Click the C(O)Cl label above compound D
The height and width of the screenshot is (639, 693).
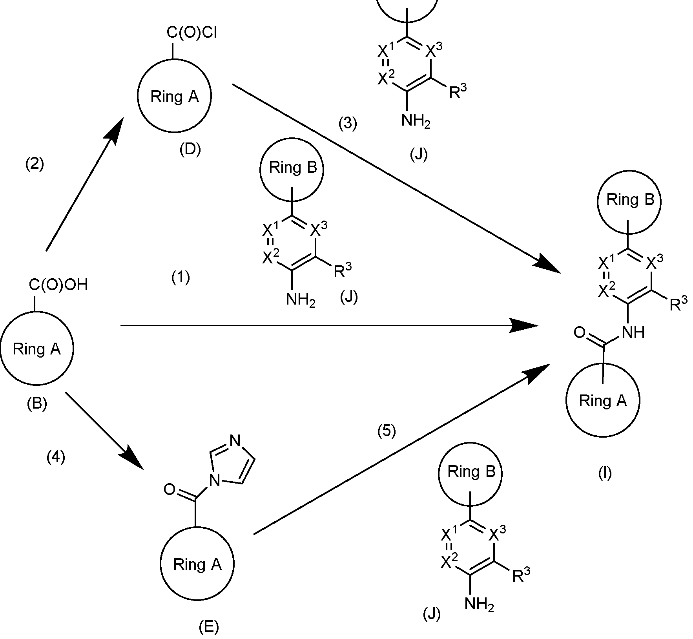click(191, 33)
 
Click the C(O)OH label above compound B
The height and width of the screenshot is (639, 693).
click(58, 285)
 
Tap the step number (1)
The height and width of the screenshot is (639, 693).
click(181, 278)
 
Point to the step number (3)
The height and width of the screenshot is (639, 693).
click(348, 123)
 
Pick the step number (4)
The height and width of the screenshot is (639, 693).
click(56, 457)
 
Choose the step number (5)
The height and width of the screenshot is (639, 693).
click(387, 431)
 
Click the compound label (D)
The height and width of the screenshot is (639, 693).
click(190, 149)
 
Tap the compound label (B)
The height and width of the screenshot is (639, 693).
click(37, 404)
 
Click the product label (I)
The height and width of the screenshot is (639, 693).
click(605, 474)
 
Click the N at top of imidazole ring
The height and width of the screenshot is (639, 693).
click(235, 441)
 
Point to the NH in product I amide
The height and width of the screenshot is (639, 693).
click(633, 333)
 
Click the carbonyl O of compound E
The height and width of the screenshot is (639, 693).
click(169, 489)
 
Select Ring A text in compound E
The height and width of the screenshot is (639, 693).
click(197, 564)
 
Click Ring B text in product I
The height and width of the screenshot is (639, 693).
click(630, 200)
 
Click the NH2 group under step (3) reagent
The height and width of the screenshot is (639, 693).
click(416, 121)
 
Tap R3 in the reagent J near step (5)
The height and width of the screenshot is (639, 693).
click(521, 576)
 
